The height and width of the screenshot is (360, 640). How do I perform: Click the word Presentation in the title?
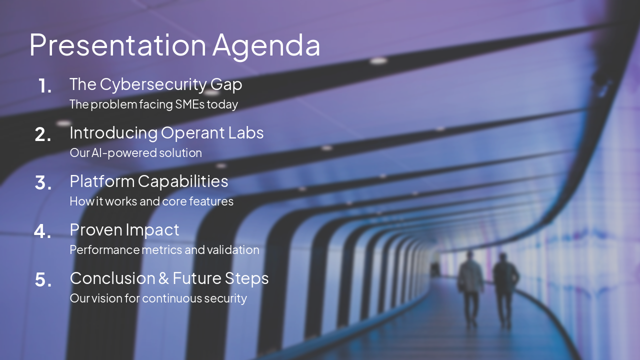point(117,45)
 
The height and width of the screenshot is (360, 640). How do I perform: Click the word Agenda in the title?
point(266,45)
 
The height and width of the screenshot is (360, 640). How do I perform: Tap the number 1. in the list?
point(44,86)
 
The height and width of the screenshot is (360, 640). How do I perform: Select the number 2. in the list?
point(43,134)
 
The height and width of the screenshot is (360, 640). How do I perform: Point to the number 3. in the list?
point(43,183)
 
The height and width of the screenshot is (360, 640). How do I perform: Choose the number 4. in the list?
point(42,231)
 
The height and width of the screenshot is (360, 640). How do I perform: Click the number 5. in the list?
point(43,280)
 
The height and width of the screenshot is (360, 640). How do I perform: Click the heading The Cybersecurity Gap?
point(155,84)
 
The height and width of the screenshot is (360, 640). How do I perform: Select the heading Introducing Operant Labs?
point(166,133)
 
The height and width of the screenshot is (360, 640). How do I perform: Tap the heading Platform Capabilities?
point(148,181)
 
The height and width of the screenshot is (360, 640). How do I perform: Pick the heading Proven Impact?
point(124,229)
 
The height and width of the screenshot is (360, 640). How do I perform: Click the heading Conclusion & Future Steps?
point(169,278)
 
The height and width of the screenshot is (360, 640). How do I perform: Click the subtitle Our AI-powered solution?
point(135,153)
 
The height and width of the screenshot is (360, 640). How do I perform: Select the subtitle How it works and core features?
point(151,201)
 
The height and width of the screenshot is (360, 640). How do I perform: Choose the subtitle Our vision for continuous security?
point(158,298)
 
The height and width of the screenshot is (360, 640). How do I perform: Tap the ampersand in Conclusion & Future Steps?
point(163,278)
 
